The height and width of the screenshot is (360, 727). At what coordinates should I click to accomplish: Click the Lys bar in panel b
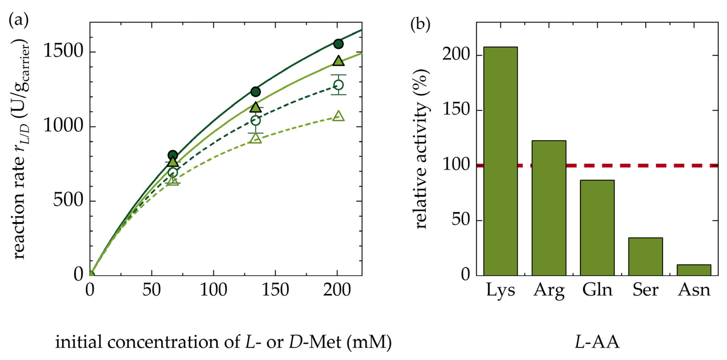coord(500,161)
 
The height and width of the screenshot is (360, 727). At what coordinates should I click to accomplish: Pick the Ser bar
coord(645,257)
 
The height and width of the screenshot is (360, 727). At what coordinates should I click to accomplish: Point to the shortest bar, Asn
coord(694,270)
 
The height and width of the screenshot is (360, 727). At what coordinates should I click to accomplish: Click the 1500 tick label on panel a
coord(63,52)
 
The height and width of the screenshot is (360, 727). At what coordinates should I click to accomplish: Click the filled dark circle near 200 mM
coord(338,44)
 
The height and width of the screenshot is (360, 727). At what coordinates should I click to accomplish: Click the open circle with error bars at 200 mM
coord(338,85)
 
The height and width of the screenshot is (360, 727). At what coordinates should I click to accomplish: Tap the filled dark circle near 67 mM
coord(173,155)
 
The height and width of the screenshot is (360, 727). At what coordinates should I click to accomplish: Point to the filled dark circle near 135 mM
coord(256,91)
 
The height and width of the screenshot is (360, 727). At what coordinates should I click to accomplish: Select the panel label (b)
coord(420,25)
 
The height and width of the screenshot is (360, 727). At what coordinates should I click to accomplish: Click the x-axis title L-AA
coord(597,342)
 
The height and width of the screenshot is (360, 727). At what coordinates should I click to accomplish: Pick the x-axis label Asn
coord(694,290)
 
